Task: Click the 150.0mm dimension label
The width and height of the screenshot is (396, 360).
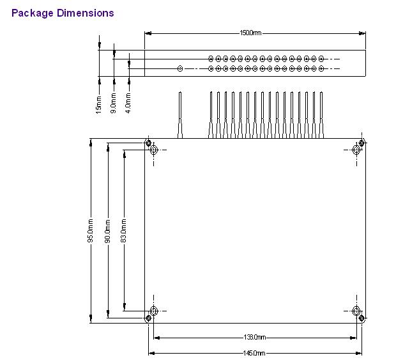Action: (x=250, y=33)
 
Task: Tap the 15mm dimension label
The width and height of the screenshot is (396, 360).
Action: (x=98, y=105)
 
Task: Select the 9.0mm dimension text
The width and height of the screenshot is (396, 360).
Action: (x=114, y=103)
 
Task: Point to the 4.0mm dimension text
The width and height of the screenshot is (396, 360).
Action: (x=128, y=103)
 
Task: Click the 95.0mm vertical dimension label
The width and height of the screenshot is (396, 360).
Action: (x=91, y=231)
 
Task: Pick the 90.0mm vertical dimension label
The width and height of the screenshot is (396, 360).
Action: (x=107, y=231)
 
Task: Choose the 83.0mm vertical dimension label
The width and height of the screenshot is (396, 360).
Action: (x=123, y=231)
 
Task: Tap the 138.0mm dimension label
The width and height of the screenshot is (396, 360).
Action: (x=254, y=337)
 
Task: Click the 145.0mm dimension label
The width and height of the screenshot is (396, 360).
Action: (x=254, y=353)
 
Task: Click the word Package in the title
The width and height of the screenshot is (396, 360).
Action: (x=33, y=13)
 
